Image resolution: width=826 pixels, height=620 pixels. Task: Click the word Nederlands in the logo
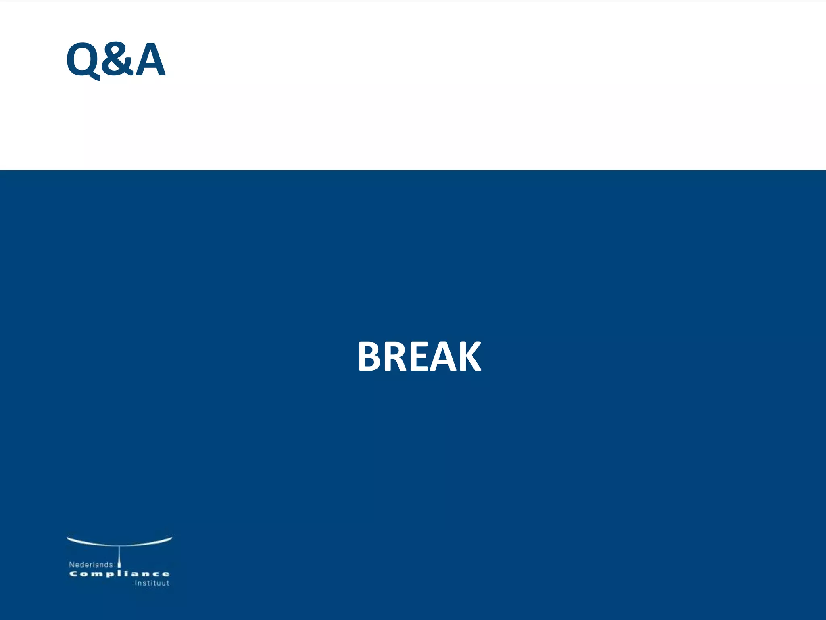[91, 565]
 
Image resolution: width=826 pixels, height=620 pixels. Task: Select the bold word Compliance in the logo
[119, 574]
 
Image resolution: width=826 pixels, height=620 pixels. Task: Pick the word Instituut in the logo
[152, 583]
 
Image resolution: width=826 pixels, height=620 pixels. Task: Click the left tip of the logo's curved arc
[68, 538]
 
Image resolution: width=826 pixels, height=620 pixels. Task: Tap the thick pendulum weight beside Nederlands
[119, 564]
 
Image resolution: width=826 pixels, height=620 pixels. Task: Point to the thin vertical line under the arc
[119, 552]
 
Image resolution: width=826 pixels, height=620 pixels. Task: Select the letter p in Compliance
[108, 575]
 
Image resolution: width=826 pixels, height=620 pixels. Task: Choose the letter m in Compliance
[96, 574]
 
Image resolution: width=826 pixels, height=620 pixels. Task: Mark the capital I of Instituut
[136, 583]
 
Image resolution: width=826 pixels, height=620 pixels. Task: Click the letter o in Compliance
[83, 574]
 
